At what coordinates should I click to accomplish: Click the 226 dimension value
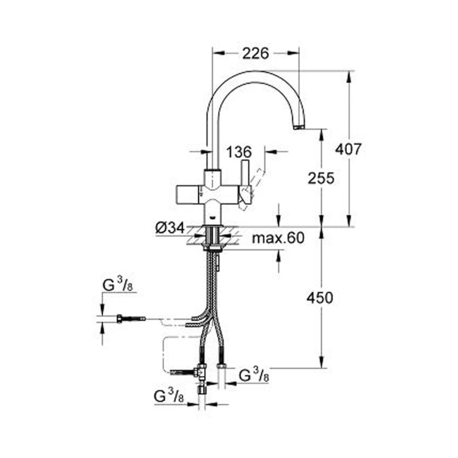tap(255, 54)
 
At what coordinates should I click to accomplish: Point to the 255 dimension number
tap(321, 178)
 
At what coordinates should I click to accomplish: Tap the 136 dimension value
tap(239, 152)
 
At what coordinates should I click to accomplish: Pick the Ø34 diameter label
tap(170, 228)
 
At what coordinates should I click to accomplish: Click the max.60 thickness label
tap(278, 238)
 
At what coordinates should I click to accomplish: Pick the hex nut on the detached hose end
tap(120, 319)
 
